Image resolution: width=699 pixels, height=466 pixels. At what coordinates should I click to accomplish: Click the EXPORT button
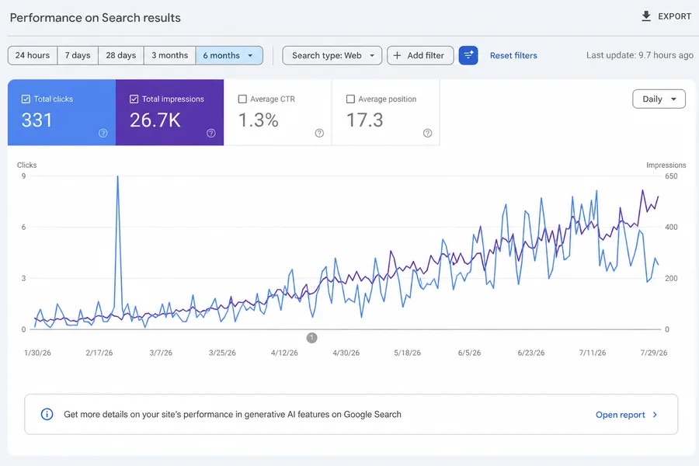(666, 16)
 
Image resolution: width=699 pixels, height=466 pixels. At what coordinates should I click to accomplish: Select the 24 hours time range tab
(33, 55)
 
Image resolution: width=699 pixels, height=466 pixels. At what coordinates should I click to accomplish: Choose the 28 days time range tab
(121, 55)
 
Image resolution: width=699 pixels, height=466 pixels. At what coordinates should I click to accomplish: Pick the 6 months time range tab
(229, 55)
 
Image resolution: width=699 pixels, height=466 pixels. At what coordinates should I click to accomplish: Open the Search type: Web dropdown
(332, 55)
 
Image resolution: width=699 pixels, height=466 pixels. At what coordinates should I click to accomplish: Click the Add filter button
(420, 55)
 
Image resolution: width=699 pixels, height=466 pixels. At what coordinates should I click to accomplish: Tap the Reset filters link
(513, 55)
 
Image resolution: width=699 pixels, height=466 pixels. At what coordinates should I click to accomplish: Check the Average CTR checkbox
(242, 99)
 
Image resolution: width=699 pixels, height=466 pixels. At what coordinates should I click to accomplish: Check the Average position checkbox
(350, 99)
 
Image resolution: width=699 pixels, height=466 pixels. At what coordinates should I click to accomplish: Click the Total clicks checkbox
(26, 99)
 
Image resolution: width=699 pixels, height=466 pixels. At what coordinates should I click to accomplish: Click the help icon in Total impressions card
(211, 133)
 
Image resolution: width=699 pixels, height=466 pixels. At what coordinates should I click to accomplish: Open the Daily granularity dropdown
(659, 99)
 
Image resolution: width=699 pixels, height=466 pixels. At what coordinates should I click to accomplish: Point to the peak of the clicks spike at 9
(118, 176)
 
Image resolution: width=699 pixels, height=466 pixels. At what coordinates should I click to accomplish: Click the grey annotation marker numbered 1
(311, 338)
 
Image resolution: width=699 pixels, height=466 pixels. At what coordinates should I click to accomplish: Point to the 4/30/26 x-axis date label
(346, 353)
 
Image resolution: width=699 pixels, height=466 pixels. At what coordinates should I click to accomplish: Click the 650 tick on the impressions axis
(671, 176)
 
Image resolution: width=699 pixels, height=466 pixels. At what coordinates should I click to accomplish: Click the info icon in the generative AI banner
(47, 414)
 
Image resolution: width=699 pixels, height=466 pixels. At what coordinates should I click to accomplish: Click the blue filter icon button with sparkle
(468, 55)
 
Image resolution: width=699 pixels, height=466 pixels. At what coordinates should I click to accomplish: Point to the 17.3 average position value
(365, 120)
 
